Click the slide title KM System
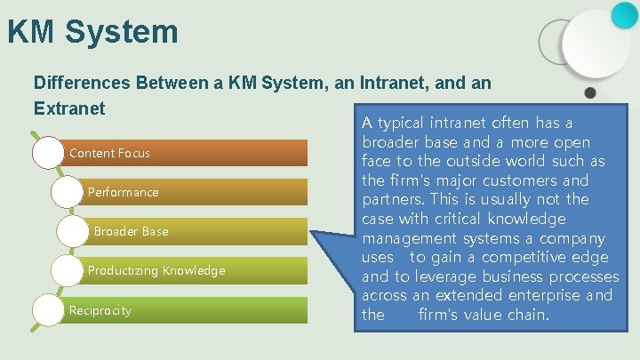click(x=92, y=32)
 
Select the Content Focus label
click(x=109, y=153)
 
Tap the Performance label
click(x=123, y=192)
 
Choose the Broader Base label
click(x=131, y=231)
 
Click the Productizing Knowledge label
click(x=156, y=270)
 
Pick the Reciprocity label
click(x=100, y=310)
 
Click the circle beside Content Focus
click(x=48, y=152)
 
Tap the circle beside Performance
click(x=68, y=191)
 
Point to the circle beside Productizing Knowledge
click(x=68, y=269)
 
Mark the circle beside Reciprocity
click(x=48, y=309)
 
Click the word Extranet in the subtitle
click(x=69, y=108)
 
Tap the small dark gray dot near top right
click(x=589, y=92)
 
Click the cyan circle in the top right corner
click(x=625, y=13)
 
